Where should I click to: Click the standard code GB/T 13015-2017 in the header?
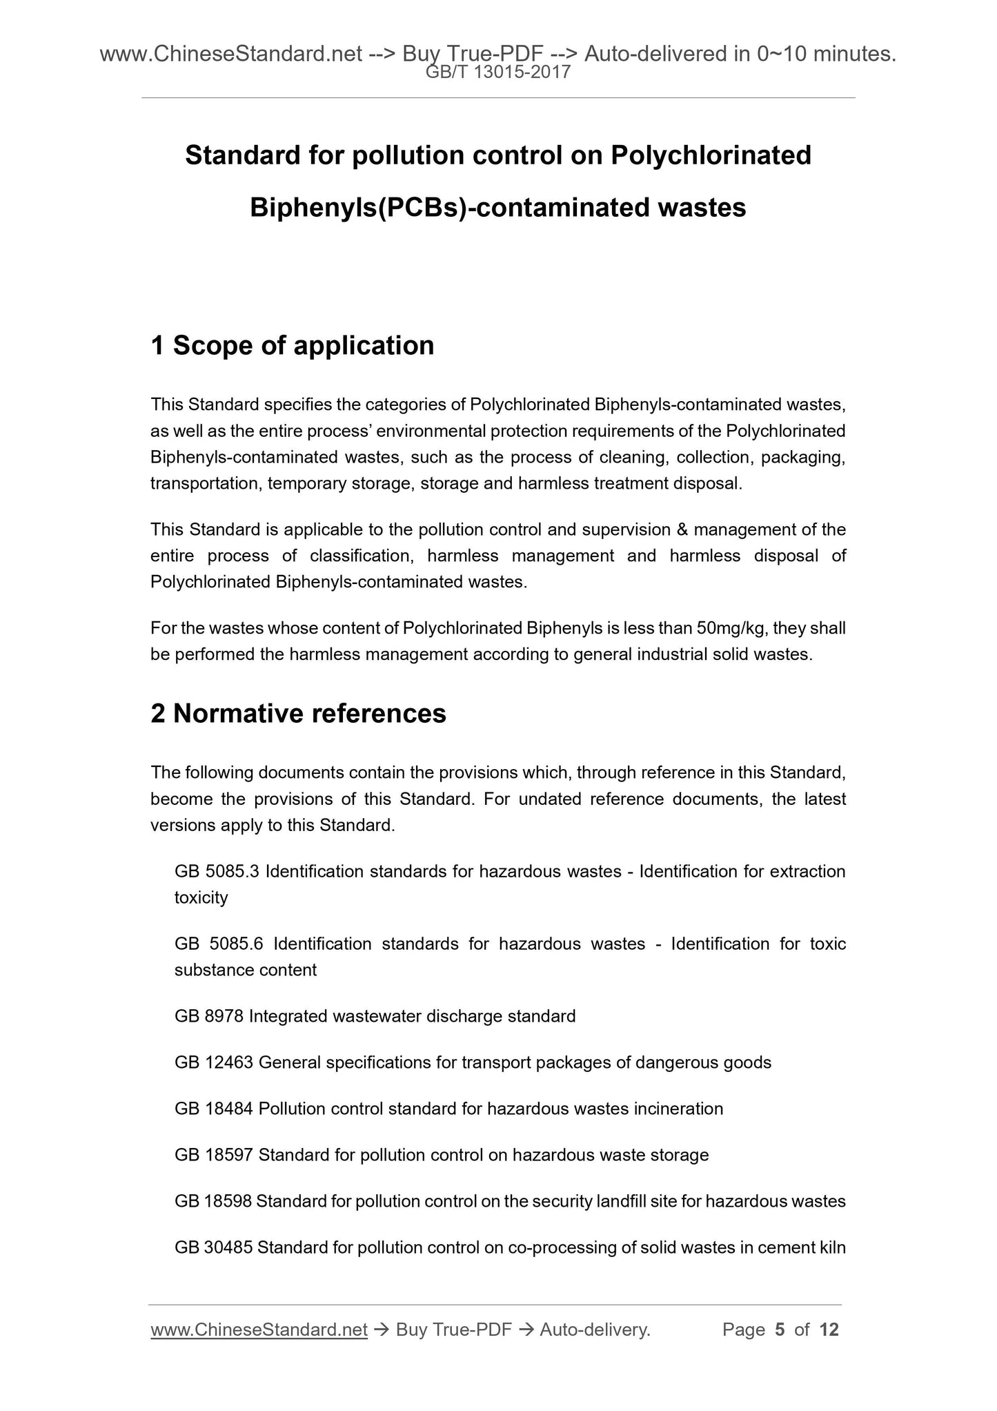[498, 72]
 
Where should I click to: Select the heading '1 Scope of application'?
[293, 345]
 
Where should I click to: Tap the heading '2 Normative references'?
[298, 713]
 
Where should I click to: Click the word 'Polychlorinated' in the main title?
[711, 155]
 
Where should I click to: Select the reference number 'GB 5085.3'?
[217, 872]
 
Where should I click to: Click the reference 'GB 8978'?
[209, 1016]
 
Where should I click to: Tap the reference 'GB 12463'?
[214, 1062]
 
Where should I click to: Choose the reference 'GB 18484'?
[214, 1109]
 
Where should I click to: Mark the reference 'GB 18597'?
[214, 1155]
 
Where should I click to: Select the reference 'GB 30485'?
[214, 1247]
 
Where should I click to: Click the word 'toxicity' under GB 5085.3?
[201, 898]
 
